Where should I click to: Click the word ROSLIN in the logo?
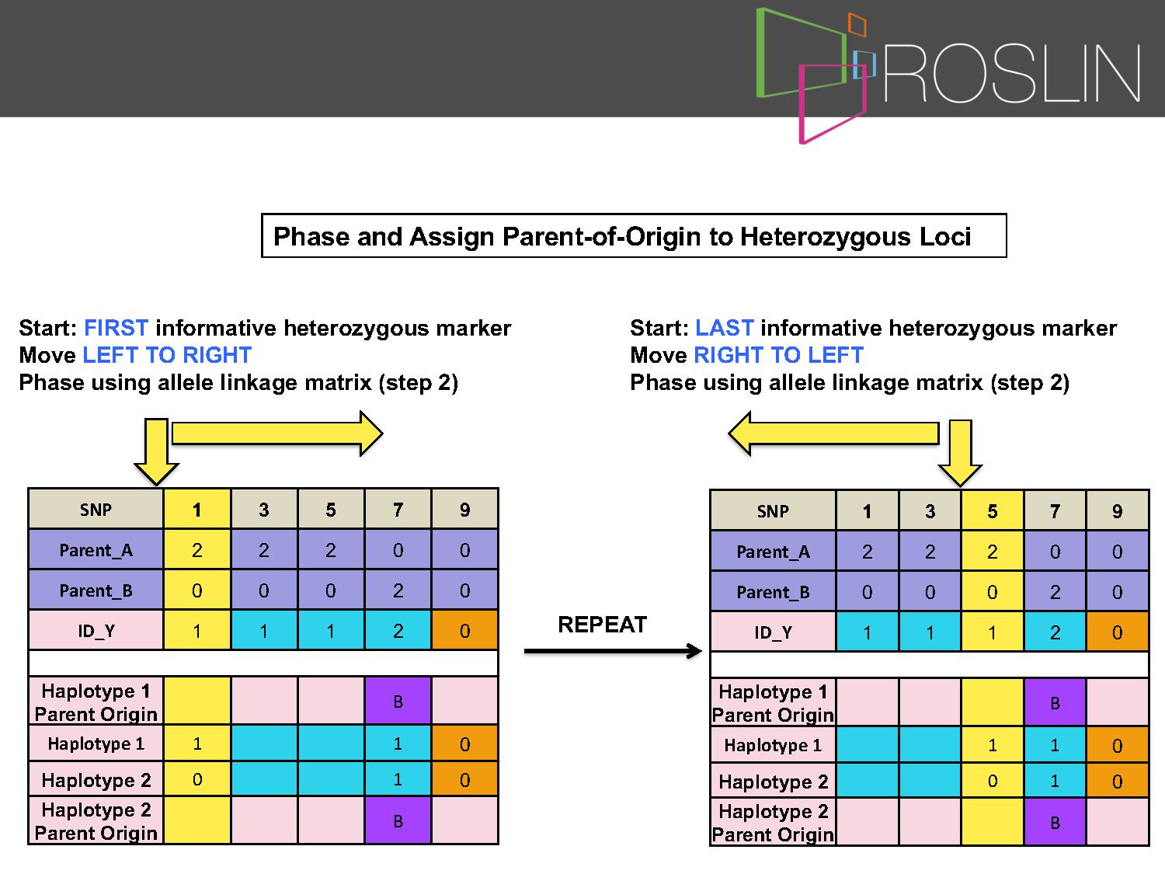(1012, 73)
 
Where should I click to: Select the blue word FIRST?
(116, 328)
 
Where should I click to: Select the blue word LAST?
(725, 328)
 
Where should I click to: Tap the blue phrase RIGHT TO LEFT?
(779, 355)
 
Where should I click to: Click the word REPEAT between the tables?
(603, 625)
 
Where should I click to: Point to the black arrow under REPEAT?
(613, 650)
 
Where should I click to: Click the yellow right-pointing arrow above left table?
(277, 434)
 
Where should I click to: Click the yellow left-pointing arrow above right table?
(834, 434)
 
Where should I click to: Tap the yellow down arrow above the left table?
(157, 451)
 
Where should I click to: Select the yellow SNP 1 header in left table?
(197, 510)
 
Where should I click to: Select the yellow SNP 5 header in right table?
(992, 511)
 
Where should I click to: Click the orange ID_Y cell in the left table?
(464, 630)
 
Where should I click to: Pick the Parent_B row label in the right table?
(773, 592)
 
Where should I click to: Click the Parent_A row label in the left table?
(96, 550)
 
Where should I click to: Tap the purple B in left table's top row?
(398, 701)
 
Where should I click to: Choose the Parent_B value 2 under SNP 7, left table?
(398, 590)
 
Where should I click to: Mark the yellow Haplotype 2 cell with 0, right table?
(992, 781)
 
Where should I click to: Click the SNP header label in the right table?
(773, 511)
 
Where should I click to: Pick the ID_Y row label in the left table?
(96, 630)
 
